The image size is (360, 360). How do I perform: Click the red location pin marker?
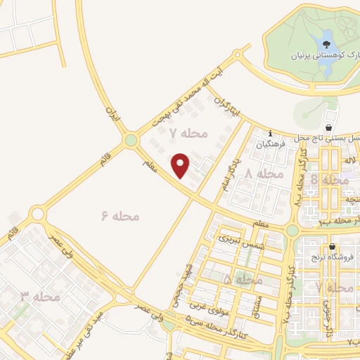[x=181, y=165]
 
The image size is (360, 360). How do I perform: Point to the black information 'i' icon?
[x=271, y=132]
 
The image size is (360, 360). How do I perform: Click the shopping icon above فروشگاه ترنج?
[x=332, y=247]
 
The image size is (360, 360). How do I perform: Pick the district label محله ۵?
[x=243, y=280]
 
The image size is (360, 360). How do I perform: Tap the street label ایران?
[x=113, y=112]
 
